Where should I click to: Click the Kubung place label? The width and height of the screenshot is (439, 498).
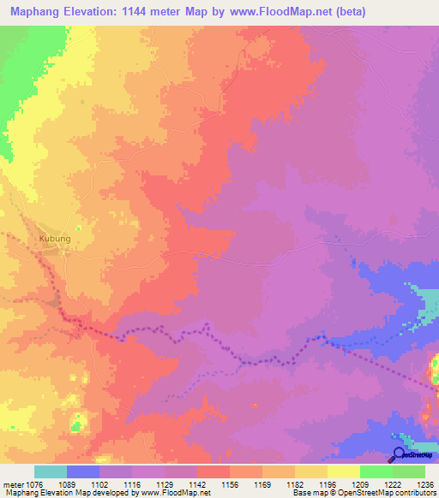54,240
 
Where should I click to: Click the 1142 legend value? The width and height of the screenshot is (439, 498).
181,484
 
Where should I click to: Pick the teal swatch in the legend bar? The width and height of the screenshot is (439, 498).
51,471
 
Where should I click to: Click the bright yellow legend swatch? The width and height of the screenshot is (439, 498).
344,471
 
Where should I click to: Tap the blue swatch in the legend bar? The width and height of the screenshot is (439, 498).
83,471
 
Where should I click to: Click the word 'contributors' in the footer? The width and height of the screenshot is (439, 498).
413,494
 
